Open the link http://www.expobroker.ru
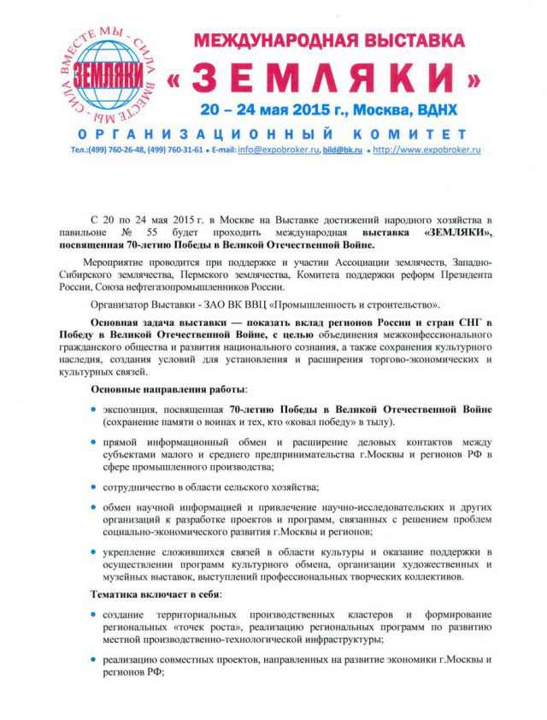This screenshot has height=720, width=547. pos(426,150)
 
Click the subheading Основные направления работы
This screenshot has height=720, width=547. pos(161,389)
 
